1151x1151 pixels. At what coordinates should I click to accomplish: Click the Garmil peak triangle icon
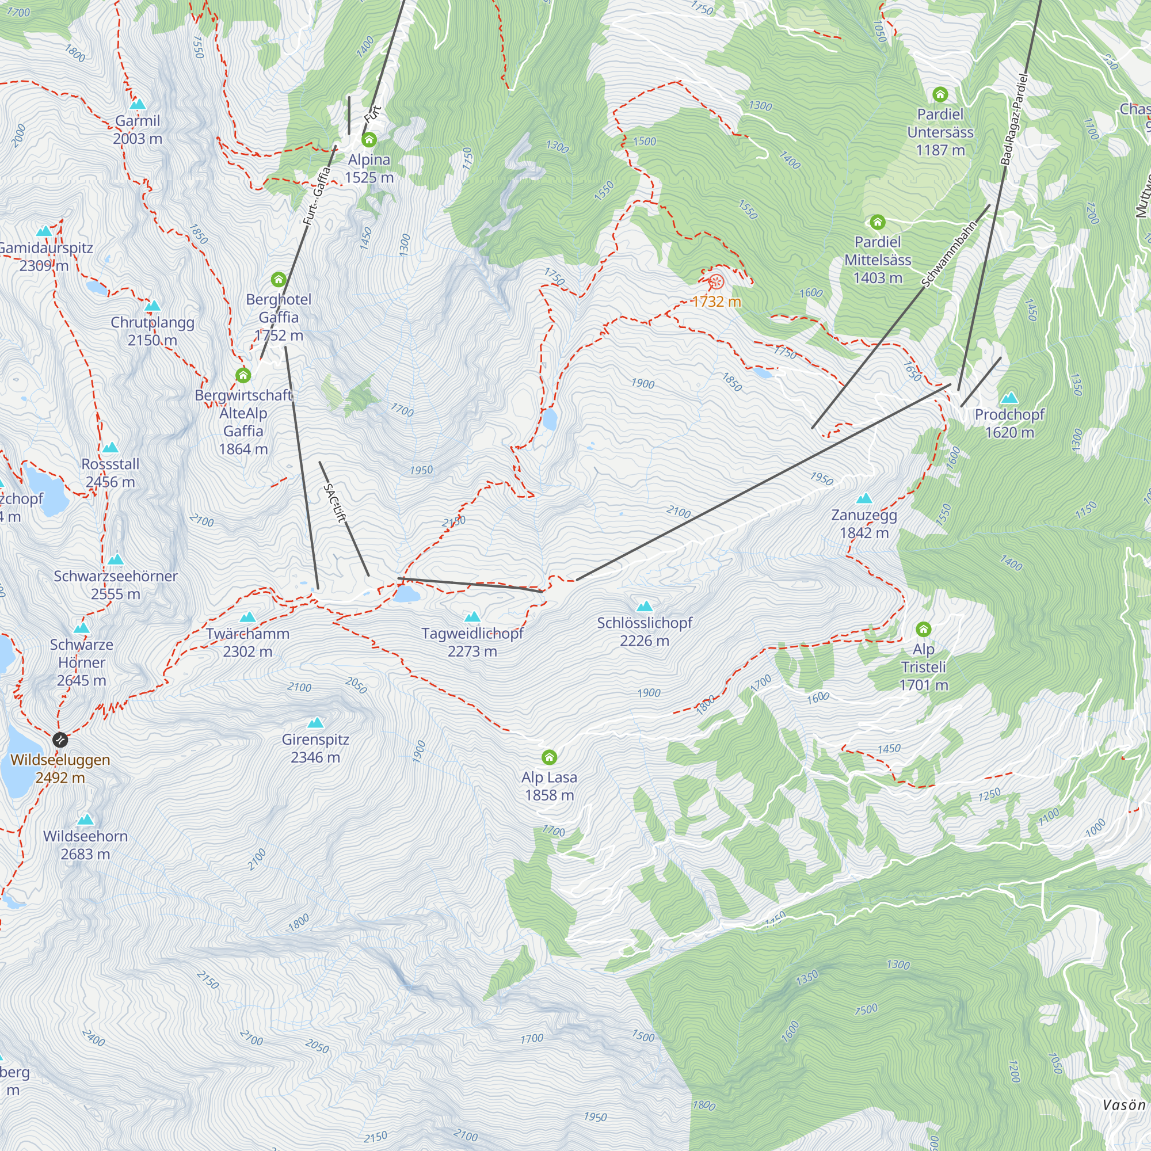pos(138,104)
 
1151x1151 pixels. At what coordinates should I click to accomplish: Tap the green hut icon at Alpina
pos(369,140)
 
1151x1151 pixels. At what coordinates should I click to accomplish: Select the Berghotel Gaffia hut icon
pos(278,280)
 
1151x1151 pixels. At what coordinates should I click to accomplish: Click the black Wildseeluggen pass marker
pos(60,740)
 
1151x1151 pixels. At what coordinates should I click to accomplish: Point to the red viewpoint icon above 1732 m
pos(716,282)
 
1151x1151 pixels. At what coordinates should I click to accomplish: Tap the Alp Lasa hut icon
pos(549,757)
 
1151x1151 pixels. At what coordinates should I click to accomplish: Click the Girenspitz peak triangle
pos(315,723)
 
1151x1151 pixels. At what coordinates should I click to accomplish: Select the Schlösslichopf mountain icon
pos(645,607)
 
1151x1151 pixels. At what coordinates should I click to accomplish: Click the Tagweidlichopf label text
pos(472,633)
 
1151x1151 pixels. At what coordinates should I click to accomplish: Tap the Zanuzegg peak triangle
pos(864,498)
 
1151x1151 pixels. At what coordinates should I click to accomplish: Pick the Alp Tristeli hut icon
pos(924,629)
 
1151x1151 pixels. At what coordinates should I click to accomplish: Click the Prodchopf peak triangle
pos(1009,398)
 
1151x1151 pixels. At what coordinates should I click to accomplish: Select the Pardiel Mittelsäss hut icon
pos(877,223)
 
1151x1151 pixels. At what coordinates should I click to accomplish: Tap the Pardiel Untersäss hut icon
pos(940,94)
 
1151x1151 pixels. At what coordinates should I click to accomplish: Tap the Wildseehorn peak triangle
pos(86,820)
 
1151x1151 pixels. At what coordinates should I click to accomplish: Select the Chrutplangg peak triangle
pos(153,306)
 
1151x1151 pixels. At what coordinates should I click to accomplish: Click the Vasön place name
pos(1123,1105)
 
